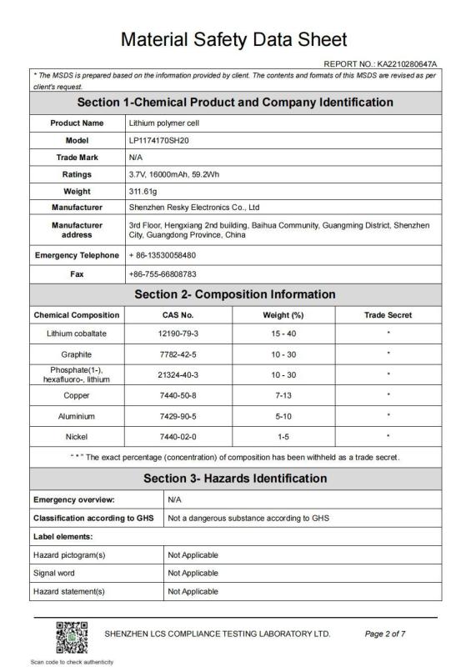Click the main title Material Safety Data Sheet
pyautogui.click(x=234, y=38)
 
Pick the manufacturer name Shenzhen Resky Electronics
pyautogui.click(x=194, y=207)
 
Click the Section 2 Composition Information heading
pyautogui.click(x=234, y=294)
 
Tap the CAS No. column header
pyautogui.click(x=176, y=315)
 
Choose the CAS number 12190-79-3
pyautogui.click(x=176, y=333)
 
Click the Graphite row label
pyautogui.click(x=76, y=353)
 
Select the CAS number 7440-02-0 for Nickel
pyautogui.click(x=176, y=434)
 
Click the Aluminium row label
pyautogui.click(x=76, y=415)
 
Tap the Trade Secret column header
pyautogui.click(x=388, y=315)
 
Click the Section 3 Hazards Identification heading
pyautogui.click(x=234, y=479)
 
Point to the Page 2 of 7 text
pyautogui.click(x=385, y=634)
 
